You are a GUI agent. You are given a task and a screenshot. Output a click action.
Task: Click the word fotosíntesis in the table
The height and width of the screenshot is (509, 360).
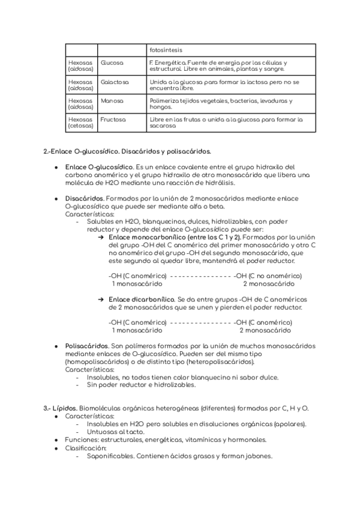(166, 50)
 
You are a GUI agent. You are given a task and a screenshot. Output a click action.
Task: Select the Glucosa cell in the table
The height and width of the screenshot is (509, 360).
(112, 62)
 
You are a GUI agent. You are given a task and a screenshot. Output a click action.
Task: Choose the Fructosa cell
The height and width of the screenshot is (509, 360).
(113, 119)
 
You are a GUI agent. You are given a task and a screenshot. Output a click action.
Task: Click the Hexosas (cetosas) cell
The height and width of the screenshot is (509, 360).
(81, 123)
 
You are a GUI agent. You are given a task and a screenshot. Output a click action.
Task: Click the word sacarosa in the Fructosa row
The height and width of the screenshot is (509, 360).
(163, 127)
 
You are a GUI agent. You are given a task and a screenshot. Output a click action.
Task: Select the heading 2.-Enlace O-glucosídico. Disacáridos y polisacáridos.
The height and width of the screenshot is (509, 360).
(127, 151)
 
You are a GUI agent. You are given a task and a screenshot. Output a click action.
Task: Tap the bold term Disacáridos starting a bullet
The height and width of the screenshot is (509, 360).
(84, 198)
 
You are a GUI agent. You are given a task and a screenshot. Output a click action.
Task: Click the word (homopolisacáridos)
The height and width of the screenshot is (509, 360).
(98, 362)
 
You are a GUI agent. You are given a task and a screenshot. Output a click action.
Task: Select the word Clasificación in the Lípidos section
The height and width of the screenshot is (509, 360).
(85, 448)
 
